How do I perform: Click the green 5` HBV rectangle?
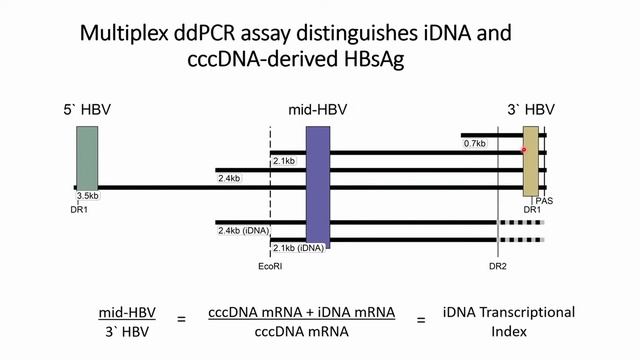click(87, 160)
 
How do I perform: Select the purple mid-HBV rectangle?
click(318, 183)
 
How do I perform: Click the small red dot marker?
click(523, 150)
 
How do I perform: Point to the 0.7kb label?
click(474, 144)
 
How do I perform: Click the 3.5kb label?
click(88, 196)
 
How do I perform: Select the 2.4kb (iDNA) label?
click(244, 231)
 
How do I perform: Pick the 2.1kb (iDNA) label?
click(298, 247)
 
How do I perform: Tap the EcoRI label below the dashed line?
click(271, 266)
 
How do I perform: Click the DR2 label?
click(498, 266)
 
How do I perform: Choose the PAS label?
click(545, 200)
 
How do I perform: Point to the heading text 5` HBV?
click(88, 106)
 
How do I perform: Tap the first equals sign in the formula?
click(181, 321)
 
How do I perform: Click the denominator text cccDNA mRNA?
click(301, 331)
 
